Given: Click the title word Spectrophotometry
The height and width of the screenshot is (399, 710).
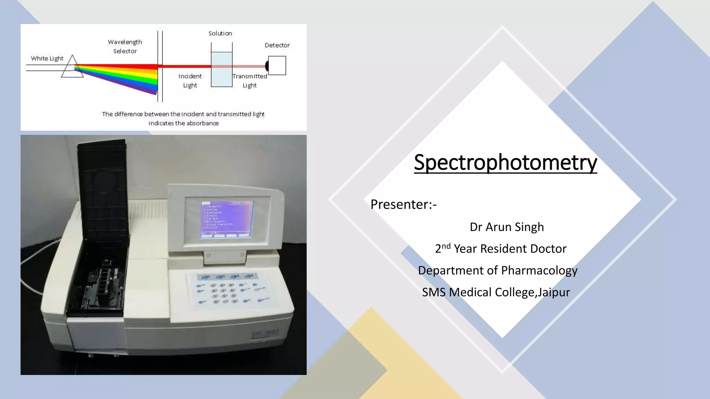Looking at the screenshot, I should point(505,162).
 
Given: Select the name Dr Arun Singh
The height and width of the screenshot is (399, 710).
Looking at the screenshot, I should point(506,227).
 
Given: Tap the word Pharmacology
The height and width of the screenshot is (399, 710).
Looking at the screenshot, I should point(539,271).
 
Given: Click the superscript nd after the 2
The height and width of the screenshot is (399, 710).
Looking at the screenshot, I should point(446,246).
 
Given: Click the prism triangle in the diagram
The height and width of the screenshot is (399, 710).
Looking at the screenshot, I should point(72,68).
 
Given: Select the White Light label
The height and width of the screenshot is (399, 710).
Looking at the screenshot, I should point(47,59).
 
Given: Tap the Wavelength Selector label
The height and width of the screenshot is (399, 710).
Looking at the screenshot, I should point(125,46).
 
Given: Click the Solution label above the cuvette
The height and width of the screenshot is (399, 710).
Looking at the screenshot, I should point(220,34).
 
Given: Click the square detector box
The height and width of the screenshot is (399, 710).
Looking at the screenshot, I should point(277,65).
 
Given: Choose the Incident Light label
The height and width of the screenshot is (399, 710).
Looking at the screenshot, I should point(190,81).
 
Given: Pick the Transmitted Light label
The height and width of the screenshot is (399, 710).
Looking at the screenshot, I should point(250,81).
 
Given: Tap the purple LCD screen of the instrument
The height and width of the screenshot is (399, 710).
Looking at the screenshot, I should point(227,218).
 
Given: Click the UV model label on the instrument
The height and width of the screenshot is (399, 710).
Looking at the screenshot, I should point(265,333).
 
